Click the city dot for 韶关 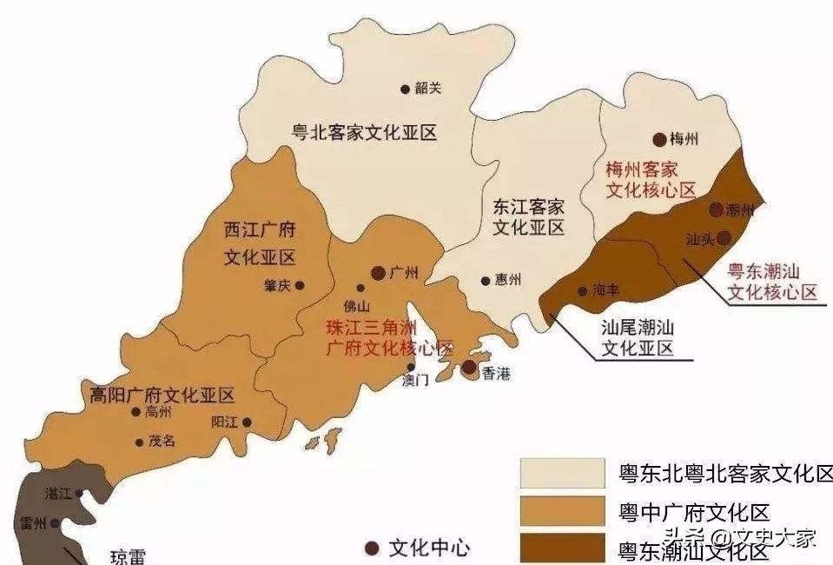pos(405,88)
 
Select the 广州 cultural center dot pos(379,273)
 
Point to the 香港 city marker pos(469,368)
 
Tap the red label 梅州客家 pos(641,169)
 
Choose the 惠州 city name pos(508,280)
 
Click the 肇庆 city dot pos(300,284)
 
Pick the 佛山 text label pos(357,305)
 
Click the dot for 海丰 pos(582,291)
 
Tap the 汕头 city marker pos(724,237)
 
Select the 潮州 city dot pos(716,209)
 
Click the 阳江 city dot pos(247,422)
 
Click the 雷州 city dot pos(55,523)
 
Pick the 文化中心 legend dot pos(372,548)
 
